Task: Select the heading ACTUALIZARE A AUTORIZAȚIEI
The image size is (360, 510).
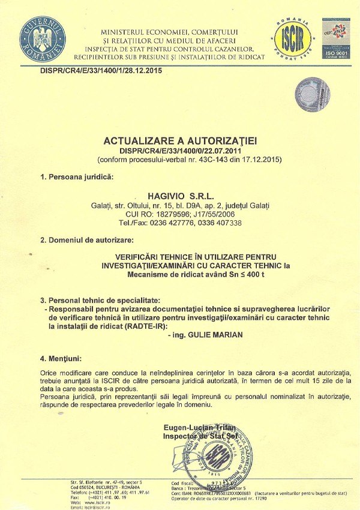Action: [180, 140]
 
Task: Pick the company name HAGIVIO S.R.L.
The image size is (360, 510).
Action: [180, 195]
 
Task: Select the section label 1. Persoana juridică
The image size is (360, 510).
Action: [76, 177]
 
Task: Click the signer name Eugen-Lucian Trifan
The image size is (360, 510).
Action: [198, 427]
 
